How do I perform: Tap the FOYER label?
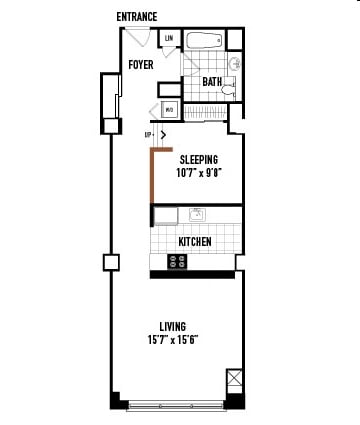point(140,66)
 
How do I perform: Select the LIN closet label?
point(169,39)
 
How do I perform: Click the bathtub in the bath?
point(204,42)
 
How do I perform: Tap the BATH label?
point(212,82)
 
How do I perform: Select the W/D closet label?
point(169,109)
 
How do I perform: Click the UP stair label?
point(148,134)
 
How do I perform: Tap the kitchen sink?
point(197,214)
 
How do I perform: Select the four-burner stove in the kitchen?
point(178,261)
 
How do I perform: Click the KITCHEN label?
point(195,242)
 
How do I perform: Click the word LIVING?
point(176,326)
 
